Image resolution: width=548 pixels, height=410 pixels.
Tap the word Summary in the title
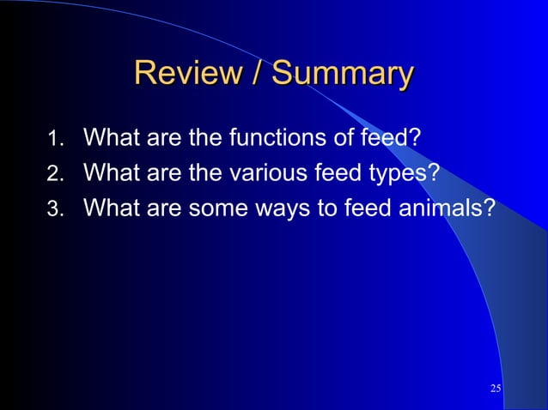click(343, 75)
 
